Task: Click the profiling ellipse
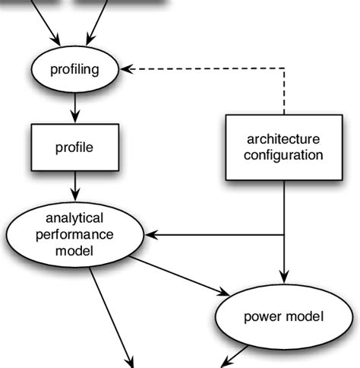[74, 70]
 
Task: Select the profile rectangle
[74, 148]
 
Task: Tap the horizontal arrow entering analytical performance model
[213, 235]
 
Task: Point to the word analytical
[74, 217]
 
